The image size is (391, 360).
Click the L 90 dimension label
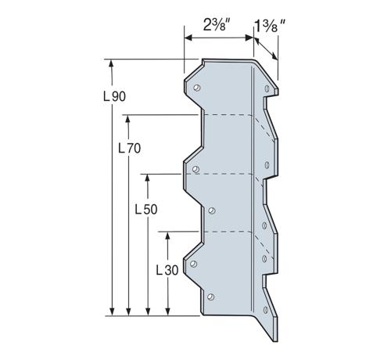pos(114,96)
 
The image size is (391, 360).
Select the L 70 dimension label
pos(130,149)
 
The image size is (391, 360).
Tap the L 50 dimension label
pos(146,209)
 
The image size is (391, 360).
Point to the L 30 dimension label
pos(167,270)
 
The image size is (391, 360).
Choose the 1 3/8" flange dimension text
pos(270,26)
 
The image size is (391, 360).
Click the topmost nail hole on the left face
pos(197,88)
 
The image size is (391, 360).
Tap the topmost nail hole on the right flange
pos(267,88)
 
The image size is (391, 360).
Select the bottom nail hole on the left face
pos(210,297)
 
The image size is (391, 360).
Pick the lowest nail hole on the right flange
pos(266,310)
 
